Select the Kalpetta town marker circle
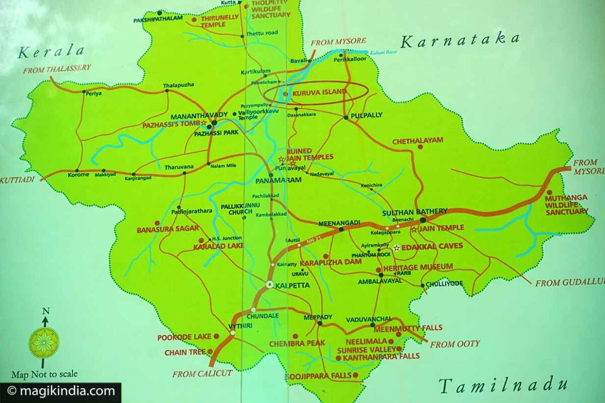coord(270,285)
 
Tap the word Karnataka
coord(459,40)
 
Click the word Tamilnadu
coord(503,385)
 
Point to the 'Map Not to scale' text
coord(44,374)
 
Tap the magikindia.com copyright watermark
coord(60,391)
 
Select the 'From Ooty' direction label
coord(455,344)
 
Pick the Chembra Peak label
coord(297,343)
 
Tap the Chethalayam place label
coord(417,141)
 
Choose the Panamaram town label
coord(285,180)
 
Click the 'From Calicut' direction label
coord(202,374)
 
